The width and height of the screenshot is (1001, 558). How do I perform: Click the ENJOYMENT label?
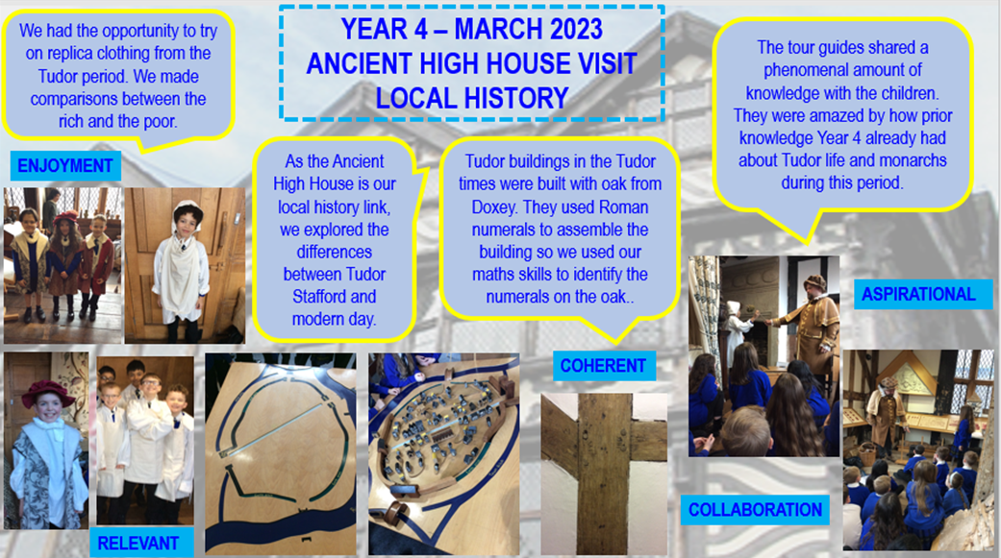click(x=65, y=166)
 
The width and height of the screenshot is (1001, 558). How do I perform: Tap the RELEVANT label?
click(x=138, y=543)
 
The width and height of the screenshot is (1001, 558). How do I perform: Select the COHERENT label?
click(x=603, y=365)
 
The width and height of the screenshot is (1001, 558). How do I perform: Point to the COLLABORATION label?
click(x=755, y=510)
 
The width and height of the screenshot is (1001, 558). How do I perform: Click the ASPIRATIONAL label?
click(x=918, y=294)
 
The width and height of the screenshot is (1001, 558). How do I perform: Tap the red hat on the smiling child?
click(x=47, y=394)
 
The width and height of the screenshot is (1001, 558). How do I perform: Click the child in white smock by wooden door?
click(x=182, y=267)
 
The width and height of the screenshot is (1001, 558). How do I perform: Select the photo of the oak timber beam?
click(x=604, y=473)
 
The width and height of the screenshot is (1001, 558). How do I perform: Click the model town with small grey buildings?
click(x=443, y=453)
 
